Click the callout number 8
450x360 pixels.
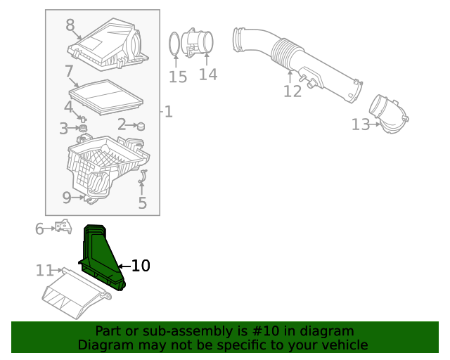coord(70,25)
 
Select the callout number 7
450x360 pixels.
coord(69,71)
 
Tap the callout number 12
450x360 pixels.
coord(292,91)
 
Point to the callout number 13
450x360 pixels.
coord(360,124)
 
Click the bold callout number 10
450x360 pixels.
coord(141,266)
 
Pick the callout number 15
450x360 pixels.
coord(178,77)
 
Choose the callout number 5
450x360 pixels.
coord(143,203)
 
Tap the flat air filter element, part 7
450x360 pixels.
coord(107,96)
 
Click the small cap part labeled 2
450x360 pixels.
coord(140,126)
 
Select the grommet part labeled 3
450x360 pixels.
coord(82,129)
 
